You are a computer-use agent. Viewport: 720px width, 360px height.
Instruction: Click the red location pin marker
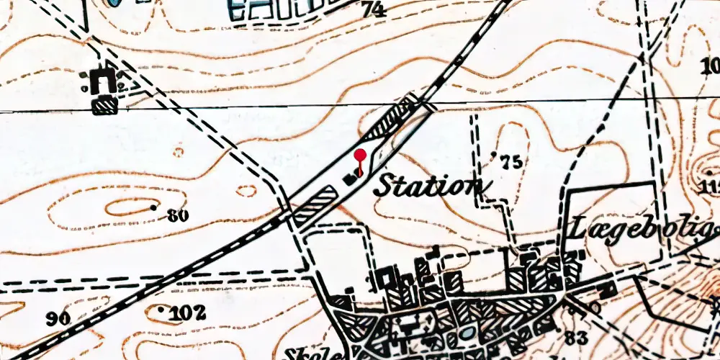pyautogui.click(x=361, y=156)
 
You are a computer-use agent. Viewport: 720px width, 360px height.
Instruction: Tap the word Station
pyautogui.click(x=428, y=186)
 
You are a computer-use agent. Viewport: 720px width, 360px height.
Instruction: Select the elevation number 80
pyautogui.click(x=177, y=215)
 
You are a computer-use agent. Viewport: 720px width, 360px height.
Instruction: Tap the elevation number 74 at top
pyautogui.click(x=374, y=9)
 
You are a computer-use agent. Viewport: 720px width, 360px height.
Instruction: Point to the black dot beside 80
pyautogui.click(x=153, y=207)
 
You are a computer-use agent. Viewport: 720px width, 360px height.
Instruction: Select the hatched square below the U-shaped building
pyautogui.click(x=105, y=106)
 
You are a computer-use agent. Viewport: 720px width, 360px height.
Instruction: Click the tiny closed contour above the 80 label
pyautogui.click(x=246, y=191)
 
